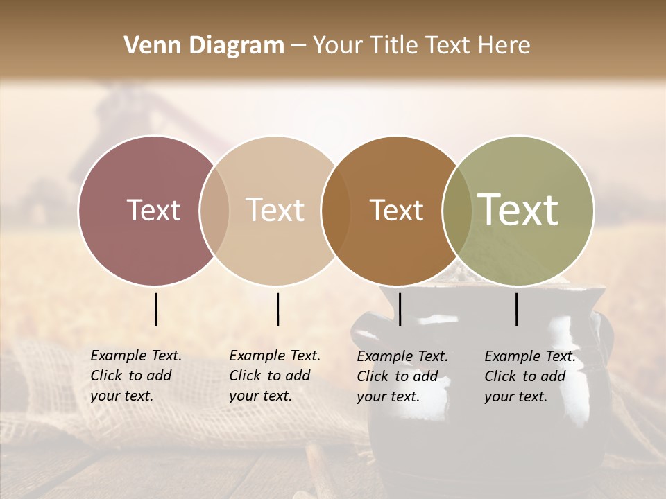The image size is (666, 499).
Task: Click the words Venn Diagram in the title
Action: point(204,46)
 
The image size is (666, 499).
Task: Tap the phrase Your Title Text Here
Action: point(421,46)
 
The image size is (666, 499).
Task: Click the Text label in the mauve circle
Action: point(153,210)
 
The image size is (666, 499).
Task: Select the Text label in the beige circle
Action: point(275,210)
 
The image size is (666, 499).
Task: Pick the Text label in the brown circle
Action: point(396,210)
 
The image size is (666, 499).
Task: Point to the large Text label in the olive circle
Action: point(518,209)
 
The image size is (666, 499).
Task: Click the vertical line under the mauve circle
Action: point(155,309)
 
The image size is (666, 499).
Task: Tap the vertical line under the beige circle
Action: point(277,309)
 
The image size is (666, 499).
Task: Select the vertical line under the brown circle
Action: point(400,309)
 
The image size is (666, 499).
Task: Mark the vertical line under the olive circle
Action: point(517,309)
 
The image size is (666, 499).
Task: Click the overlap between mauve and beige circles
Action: point(214,210)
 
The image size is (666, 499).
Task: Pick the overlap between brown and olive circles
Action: point(456,210)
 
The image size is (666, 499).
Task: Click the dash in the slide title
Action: point(298,46)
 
